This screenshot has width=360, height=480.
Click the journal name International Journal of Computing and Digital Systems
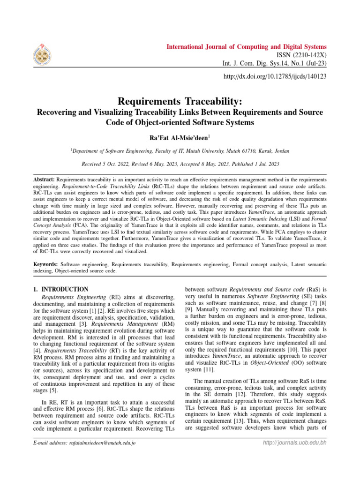(247, 47)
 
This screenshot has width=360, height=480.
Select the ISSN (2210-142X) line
(299, 55)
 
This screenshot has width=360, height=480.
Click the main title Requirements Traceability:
(180, 102)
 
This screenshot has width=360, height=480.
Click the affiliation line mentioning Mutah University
(180, 151)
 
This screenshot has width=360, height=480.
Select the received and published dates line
(180, 165)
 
